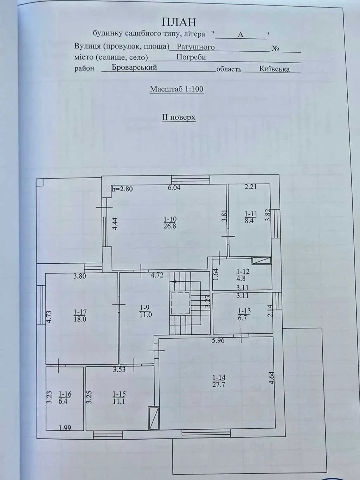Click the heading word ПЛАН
[x=179, y=22]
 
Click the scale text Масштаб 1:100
[x=176, y=89]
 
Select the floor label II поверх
[x=179, y=117]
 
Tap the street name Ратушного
[x=195, y=47]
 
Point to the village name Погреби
[x=191, y=57]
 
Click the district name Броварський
[x=134, y=68]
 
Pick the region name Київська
[x=274, y=69]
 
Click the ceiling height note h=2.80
[x=122, y=189]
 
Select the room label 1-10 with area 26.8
[x=169, y=223]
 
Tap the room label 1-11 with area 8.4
[x=250, y=217]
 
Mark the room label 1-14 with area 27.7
[x=218, y=381]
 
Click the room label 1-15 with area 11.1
[x=119, y=398]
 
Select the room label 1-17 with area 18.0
[x=80, y=315]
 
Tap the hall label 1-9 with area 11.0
[x=145, y=311]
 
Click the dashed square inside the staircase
[x=180, y=303]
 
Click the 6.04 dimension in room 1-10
[x=174, y=188]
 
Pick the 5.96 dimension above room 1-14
[x=218, y=340]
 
